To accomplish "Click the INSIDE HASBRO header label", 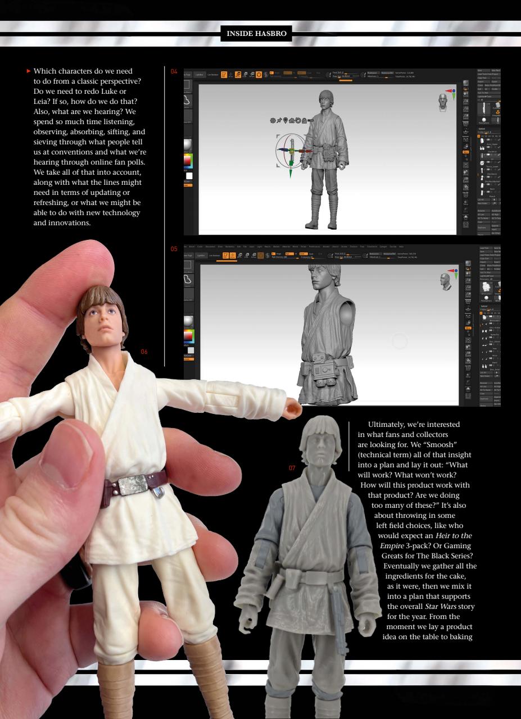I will [x=256, y=34].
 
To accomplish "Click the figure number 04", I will [x=174, y=71].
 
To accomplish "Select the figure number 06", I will [x=144, y=352].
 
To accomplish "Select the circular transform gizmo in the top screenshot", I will [x=291, y=150].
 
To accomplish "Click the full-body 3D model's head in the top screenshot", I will [x=325, y=101].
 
